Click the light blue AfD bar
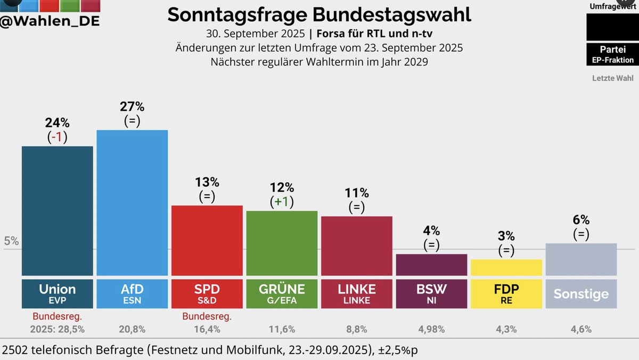tap(132, 202)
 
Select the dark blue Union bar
tap(57, 210)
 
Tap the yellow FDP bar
tap(506, 267)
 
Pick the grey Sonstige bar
tap(581, 259)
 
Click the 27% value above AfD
tap(132, 107)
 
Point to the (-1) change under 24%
tap(57, 137)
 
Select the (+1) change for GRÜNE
tap(282, 202)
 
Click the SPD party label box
tap(207, 293)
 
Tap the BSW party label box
tap(431, 293)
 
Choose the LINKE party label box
tap(357, 293)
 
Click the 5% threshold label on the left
tap(11, 241)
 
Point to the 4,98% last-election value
tap(431, 329)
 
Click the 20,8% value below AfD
tap(132, 329)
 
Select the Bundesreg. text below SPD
tap(207, 317)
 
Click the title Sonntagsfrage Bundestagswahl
tap(319, 14)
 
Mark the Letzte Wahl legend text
tap(612, 78)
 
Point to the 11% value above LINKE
tap(357, 193)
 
